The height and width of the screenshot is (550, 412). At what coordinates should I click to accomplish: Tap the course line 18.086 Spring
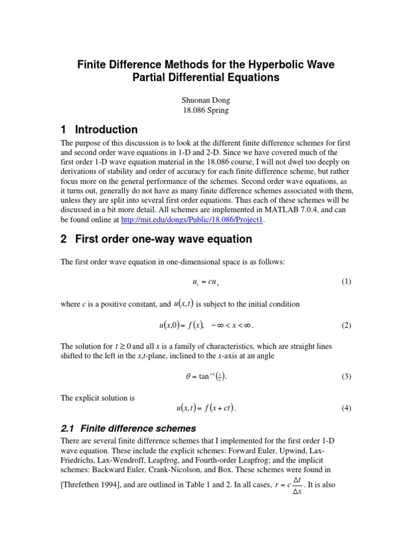click(205, 110)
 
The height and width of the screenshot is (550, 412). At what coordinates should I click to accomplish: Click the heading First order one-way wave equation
click(156, 238)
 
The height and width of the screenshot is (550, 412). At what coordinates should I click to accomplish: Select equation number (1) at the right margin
click(346, 281)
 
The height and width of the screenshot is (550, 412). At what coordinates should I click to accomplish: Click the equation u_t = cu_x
click(205, 282)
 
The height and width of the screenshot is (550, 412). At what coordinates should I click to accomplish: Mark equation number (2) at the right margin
click(346, 325)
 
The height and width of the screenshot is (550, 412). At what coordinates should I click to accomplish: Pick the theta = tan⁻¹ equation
click(206, 376)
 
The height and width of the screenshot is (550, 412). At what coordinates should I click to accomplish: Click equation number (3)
click(346, 376)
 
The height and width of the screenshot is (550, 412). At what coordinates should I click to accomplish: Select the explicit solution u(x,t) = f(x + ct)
click(206, 408)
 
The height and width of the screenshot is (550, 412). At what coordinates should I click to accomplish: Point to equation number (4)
click(346, 408)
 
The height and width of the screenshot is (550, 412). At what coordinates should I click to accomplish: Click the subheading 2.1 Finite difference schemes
click(129, 429)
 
